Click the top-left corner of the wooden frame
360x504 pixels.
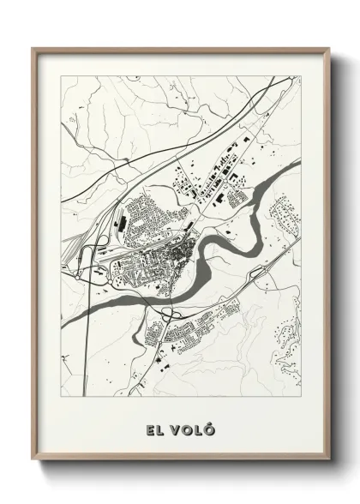[x=34, y=49]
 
